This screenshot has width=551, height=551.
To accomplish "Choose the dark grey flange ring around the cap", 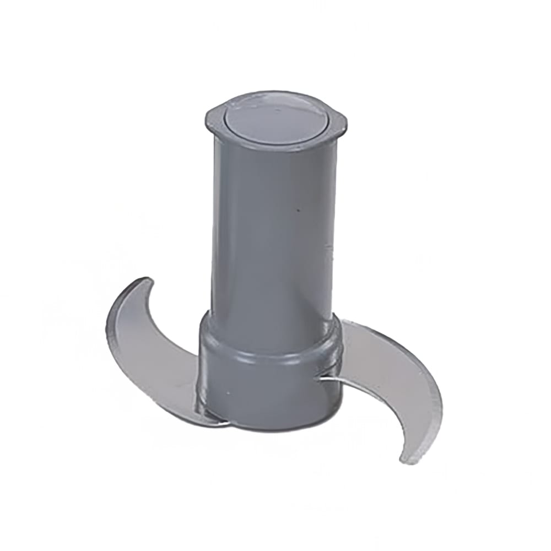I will [275, 138].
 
